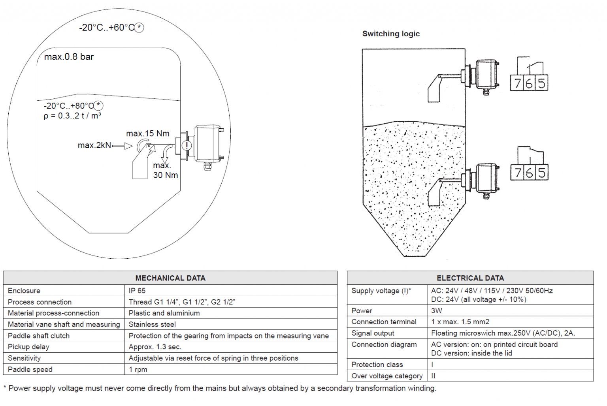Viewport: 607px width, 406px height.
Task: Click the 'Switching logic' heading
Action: tap(391, 34)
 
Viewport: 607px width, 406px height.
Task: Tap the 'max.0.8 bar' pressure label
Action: tap(69, 57)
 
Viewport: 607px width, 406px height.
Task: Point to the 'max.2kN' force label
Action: tap(94, 145)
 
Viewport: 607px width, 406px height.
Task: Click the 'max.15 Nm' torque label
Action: tap(148, 133)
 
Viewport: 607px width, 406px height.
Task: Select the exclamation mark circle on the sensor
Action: tap(187, 145)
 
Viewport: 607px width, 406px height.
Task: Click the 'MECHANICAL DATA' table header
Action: tap(170, 278)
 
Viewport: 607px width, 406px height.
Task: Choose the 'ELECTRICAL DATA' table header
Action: tap(470, 278)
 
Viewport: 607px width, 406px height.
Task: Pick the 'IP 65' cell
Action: tap(137, 291)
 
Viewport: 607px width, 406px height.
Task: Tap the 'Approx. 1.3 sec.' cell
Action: tap(155, 347)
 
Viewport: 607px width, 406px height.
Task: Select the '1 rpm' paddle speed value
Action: tap(138, 370)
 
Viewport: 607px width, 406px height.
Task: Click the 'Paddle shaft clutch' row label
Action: tap(39, 336)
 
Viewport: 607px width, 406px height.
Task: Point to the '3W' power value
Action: tap(437, 311)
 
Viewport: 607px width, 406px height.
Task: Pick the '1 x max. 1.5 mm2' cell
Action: tap(460, 322)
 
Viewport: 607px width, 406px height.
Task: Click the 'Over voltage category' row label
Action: tap(387, 376)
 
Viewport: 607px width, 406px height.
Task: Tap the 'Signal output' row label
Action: tap(373, 333)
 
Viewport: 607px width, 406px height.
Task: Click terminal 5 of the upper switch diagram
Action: tap(541, 83)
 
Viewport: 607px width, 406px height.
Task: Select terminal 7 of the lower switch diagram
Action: tap(517, 173)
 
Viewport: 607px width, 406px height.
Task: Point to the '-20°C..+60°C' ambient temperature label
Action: tap(107, 28)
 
